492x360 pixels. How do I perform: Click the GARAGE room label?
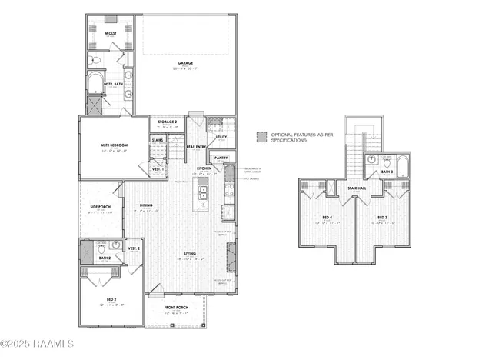coord(184,64)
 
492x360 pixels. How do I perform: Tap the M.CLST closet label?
coord(110,33)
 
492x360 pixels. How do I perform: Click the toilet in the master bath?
coord(94,58)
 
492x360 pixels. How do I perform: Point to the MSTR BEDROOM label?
coord(114,145)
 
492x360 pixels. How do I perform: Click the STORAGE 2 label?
coord(168,122)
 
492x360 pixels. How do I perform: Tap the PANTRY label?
coord(221,158)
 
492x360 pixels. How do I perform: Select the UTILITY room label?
coord(221,137)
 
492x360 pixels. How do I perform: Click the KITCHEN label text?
coord(204,168)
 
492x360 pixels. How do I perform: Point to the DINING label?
coord(146,205)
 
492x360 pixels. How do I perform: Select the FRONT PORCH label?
coord(178,310)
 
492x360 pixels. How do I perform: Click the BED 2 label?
coord(111,298)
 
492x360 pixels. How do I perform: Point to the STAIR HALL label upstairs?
coord(355,187)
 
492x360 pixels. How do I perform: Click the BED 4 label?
coord(327,218)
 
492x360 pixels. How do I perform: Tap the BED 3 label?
coord(380,218)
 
